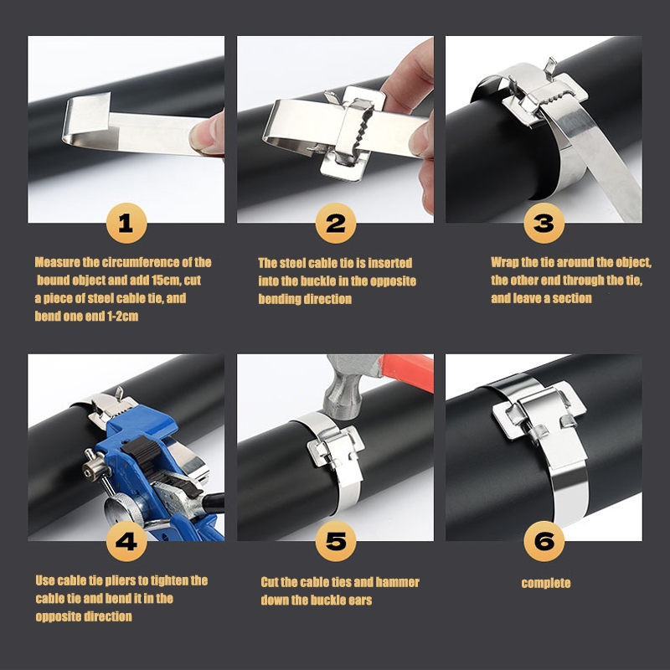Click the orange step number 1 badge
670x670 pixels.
(126, 223)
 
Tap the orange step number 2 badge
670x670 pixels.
(336, 223)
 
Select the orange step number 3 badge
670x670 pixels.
(544, 223)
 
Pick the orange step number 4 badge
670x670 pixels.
(126, 541)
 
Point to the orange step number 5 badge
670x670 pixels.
(336, 541)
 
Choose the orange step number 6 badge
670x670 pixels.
(544, 541)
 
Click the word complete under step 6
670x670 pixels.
(546, 583)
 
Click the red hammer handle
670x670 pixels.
(407, 371)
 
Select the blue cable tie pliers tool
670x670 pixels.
(150, 474)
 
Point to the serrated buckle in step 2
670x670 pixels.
(353, 133)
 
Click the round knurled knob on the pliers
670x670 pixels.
(124, 509)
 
